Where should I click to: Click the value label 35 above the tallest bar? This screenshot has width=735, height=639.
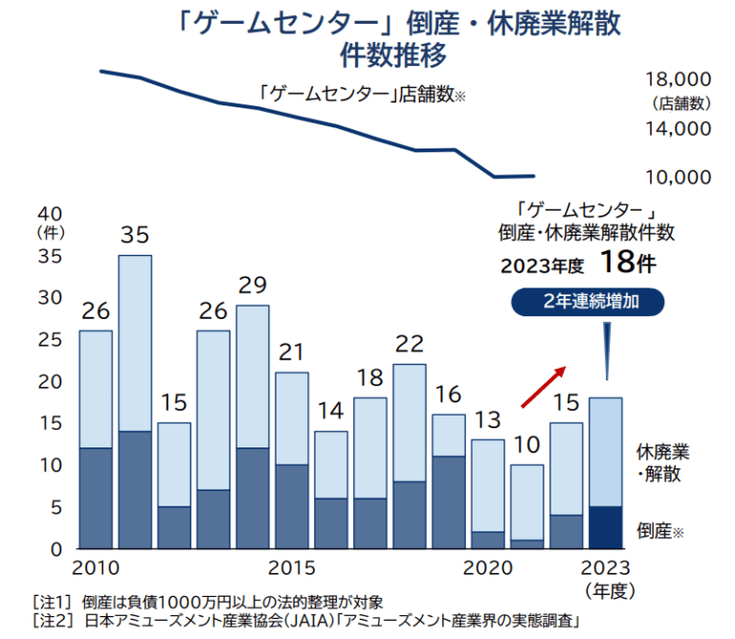135,235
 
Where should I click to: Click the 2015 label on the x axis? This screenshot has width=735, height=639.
291,567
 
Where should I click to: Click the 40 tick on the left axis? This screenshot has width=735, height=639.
49,214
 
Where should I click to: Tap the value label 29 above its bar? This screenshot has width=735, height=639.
252,285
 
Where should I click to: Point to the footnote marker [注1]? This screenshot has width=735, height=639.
53,602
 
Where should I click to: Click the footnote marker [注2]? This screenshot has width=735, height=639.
53,620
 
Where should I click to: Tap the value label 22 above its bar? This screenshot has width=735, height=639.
409,344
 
